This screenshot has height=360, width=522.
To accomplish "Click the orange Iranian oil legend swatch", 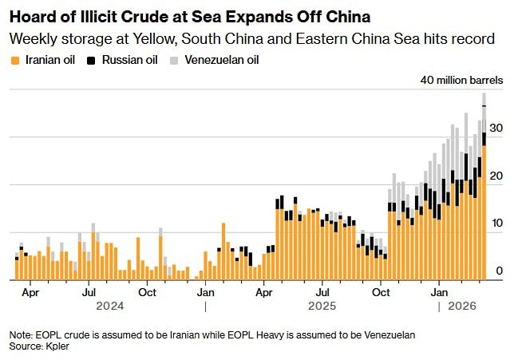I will tap(14, 60).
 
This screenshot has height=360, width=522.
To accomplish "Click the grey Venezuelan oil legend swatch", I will tap(174, 60).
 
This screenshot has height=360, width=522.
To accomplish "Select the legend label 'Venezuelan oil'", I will tap(221, 60).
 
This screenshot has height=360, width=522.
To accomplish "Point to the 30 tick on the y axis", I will tap(496, 129).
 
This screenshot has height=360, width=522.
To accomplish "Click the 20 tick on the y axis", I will tap(496, 176).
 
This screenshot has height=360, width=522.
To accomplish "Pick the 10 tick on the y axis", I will tap(496, 224).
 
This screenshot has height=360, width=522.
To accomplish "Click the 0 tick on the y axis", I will tap(499, 272).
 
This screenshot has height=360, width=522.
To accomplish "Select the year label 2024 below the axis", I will tap(109, 306).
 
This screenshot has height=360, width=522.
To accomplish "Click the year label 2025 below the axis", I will tap(322, 306).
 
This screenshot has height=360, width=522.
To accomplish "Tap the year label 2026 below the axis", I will tap(462, 306).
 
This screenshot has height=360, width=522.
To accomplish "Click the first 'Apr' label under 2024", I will tap(30, 292).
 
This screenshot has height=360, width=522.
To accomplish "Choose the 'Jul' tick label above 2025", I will tap(322, 292).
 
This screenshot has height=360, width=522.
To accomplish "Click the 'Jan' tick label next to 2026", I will tap(440, 292).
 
